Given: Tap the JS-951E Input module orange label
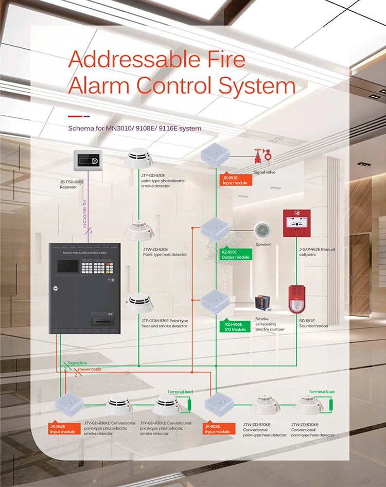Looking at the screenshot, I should (235, 180).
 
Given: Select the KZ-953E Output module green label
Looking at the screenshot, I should (236, 254).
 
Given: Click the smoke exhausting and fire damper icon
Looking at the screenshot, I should (262, 305).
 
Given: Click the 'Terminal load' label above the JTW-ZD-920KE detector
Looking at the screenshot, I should (322, 392).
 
